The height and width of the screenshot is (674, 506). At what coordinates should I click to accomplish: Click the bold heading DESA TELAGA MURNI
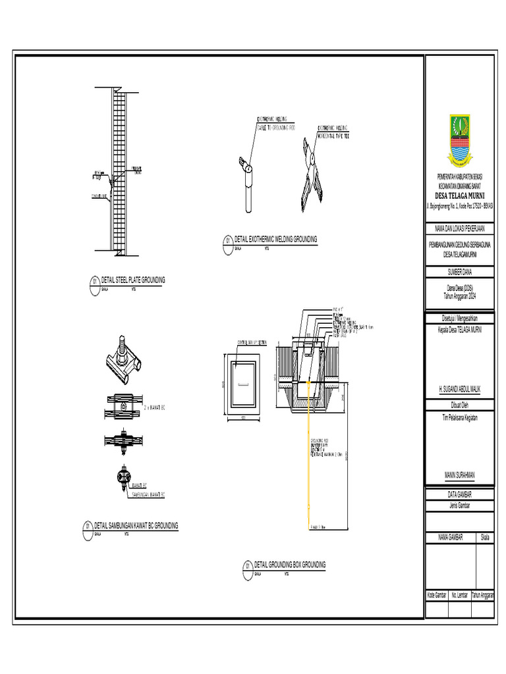[459, 195]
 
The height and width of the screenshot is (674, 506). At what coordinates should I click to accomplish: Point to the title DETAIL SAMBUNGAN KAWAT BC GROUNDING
[136, 526]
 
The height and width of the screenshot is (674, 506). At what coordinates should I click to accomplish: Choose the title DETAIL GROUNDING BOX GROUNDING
[289, 565]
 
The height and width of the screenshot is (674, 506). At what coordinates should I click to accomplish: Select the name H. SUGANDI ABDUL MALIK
[459, 390]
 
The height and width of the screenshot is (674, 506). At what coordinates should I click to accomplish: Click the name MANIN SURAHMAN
[459, 475]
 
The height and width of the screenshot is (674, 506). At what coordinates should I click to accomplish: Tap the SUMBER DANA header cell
[459, 271]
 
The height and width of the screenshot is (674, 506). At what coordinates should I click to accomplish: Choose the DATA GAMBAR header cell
[459, 494]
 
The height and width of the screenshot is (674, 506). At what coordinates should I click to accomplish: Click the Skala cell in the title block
[486, 538]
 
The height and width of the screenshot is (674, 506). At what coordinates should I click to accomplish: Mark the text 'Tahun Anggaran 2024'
[459, 296]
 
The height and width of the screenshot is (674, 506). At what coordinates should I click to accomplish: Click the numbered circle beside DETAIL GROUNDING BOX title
[247, 566]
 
